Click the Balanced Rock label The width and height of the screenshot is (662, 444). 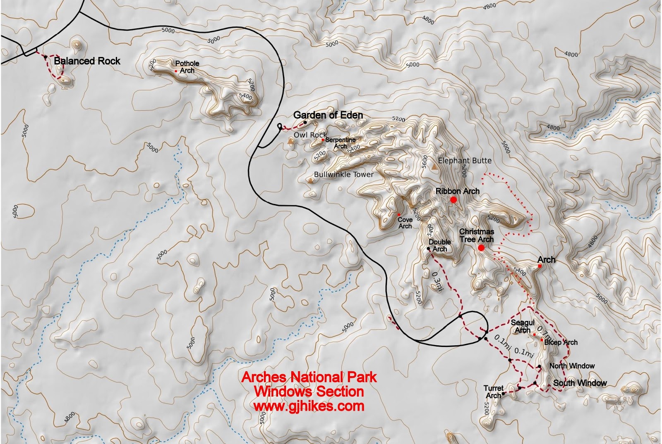(x=87, y=61)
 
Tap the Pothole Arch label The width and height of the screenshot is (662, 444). (x=187, y=67)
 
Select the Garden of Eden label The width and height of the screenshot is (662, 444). (x=328, y=115)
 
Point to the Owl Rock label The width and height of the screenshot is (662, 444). (x=310, y=135)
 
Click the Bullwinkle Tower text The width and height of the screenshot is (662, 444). (x=343, y=175)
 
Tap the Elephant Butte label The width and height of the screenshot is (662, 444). (x=464, y=161)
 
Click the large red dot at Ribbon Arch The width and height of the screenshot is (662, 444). (x=453, y=200)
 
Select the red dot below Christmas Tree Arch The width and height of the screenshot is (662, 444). (x=481, y=248)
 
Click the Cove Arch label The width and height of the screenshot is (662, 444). (x=405, y=223)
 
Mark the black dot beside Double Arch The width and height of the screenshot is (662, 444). (x=428, y=249)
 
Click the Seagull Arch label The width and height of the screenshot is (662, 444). (x=523, y=326)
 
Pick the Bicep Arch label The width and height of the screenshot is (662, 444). (x=561, y=342)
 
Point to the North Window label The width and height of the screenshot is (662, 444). (x=572, y=366)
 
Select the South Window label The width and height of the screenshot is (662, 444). (x=580, y=383)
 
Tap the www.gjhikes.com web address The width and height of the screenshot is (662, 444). (x=309, y=406)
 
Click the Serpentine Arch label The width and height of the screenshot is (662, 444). (x=340, y=143)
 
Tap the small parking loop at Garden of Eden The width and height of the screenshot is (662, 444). (x=280, y=126)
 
